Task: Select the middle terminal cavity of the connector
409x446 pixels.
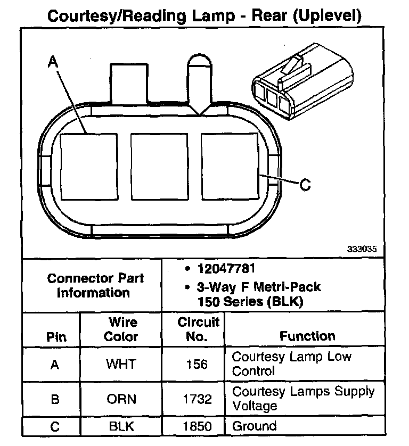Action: pos(158,166)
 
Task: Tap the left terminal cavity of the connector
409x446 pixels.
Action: pos(88,166)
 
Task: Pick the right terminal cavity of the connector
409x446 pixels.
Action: pos(228,166)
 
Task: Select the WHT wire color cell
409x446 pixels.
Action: pos(121,364)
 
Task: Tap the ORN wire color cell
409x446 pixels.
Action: pos(121,399)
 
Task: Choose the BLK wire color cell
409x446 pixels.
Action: pos(121,426)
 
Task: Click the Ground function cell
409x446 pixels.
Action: pos(255,426)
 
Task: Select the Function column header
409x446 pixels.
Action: pos(307,336)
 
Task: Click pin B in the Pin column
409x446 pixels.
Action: pos(54,399)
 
